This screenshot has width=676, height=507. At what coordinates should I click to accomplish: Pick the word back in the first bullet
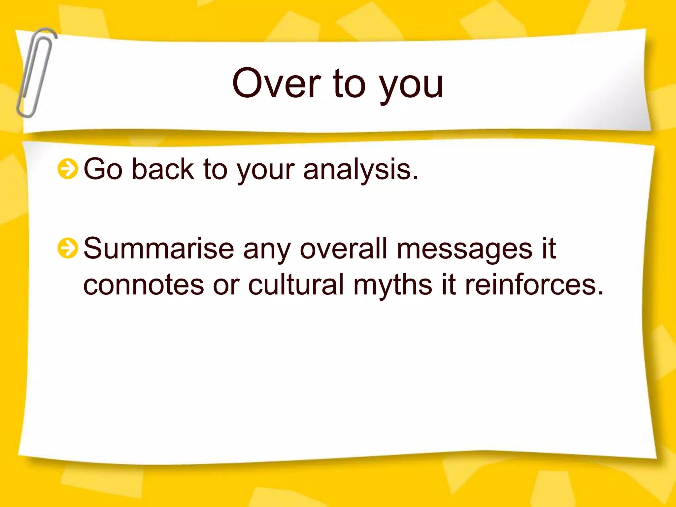163,169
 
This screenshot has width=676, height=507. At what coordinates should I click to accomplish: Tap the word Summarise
159,248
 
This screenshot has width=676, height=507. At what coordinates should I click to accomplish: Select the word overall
343,248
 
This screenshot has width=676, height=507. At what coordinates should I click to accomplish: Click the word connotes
144,285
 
